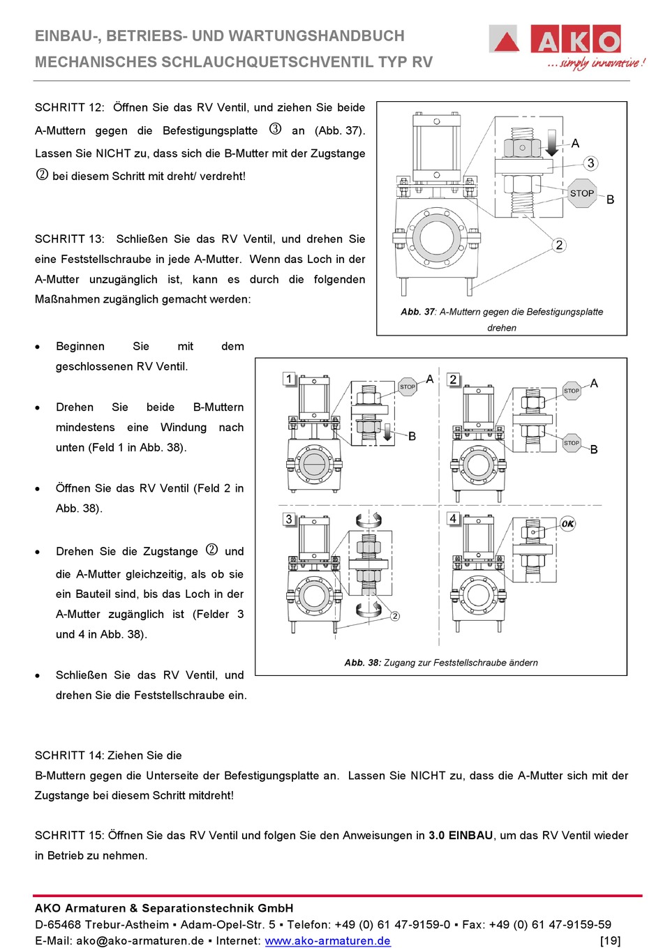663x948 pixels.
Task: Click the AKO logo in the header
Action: pyautogui.click(x=567, y=46)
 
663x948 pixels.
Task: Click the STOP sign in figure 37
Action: pyautogui.click(x=582, y=193)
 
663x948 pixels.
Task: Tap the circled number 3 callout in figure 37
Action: pyautogui.click(x=590, y=163)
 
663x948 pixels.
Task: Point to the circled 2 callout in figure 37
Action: pyautogui.click(x=559, y=245)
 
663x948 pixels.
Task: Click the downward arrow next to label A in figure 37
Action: pyautogui.click(x=551, y=143)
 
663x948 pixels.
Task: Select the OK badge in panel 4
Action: pyautogui.click(x=568, y=524)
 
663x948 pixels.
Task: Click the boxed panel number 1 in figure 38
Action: pyautogui.click(x=289, y=378)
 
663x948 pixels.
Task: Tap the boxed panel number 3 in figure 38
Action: pyautogui.click(x=289, y=519)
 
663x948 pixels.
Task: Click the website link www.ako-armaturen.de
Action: pyautogui.click(x=328, y=940)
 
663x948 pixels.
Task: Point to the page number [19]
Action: pyautogui.click(x=611, y=940)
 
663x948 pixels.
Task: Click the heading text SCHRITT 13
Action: pyautogui.click(x=69, y=239)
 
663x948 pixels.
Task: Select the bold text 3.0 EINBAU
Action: pyautogui.click(x=461, y=835)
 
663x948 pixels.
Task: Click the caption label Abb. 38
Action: pyautogui.click(x=363, y=662)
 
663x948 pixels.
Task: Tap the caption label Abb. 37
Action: pyautogui.click(x=418, y=312)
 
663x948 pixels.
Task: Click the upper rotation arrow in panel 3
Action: pyautogui.click(x=368, y=519)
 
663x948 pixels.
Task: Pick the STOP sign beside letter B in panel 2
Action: pyautogui.click(x=571, y=443)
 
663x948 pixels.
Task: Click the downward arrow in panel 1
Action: pyautogui.click(x=387, y=433)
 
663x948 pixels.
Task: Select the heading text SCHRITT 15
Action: pyautogui.click(x=69, y=835)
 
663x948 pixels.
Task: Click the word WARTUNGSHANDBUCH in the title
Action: pyautogui.click(x=298, y=36)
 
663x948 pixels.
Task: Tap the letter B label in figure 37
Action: pyautogui.click(x=610, y=200)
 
